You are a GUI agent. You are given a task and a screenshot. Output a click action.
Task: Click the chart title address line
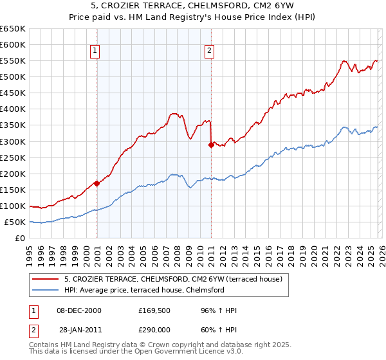coord(193,6)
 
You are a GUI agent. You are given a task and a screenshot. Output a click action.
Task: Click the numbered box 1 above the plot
coord(95,51)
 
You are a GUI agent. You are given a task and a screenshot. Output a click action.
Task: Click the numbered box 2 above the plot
coord(210,51)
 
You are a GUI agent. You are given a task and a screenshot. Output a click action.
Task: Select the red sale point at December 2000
coord(96,183)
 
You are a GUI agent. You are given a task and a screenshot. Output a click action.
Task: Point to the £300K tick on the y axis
coord(13,141)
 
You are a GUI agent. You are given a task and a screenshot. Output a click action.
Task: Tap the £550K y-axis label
coord(13,60)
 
